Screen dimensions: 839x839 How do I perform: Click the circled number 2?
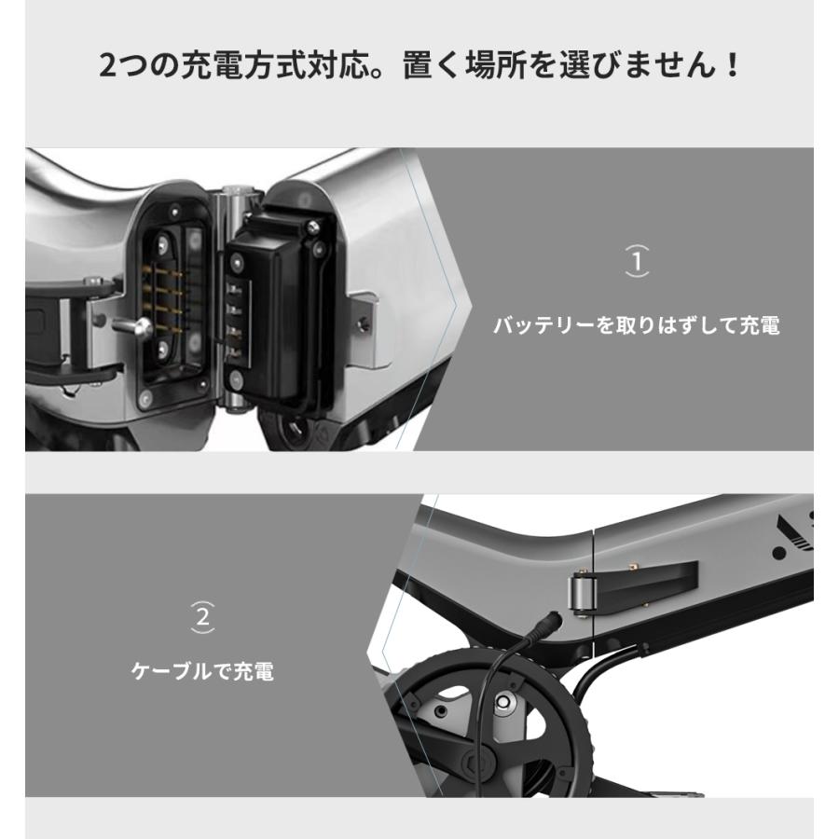pyautogui.click(x=203, y=616)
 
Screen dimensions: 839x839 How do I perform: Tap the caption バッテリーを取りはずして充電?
pyautogui.click(x=636, y=325)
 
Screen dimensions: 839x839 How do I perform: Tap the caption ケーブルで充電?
pyautogui.click(x=202, y=671)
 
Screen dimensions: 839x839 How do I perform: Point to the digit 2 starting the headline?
pyautogui.click(x=108, y=67)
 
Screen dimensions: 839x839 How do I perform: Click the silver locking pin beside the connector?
pyautogui.click(x=136, y=327)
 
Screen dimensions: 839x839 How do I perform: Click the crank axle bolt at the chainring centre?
pyautogui.click(x=504, y=701)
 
